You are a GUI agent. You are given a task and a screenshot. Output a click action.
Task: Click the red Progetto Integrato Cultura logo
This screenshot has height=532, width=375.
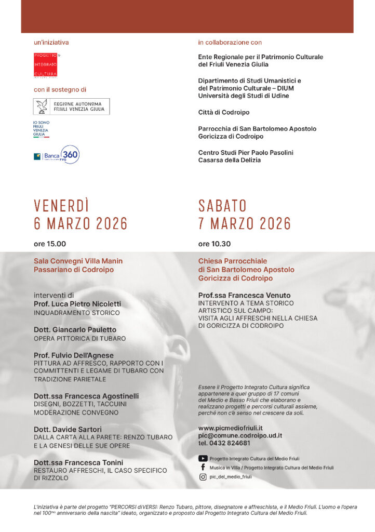click(x=45, y=65)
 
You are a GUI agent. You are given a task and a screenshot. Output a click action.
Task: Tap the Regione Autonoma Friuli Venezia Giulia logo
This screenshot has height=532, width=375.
click(x=71, y=107)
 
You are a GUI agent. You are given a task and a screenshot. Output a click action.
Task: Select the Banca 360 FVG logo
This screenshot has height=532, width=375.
click(x=57, y=155)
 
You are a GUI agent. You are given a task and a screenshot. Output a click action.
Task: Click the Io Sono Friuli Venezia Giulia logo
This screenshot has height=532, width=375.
click(x=41, y=129)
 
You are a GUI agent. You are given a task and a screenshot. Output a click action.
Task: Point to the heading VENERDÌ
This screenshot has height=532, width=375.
click(x=62, y=206)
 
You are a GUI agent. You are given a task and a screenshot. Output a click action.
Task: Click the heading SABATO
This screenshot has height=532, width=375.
click(x=222, y=206)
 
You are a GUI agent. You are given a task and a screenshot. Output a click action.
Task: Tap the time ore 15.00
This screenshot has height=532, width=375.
click(x=50, y=244)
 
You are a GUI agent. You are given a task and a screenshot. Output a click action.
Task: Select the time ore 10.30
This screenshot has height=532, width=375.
click(x=215, y=244)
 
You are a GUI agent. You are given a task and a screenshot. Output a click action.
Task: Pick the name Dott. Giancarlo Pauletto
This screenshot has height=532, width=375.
click(x=75, y=329)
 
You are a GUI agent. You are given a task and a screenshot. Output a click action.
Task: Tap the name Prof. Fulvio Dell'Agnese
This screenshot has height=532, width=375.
click(x=74, y=355)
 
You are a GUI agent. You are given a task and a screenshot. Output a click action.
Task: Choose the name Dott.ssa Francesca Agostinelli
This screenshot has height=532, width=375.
click(x=86, y=396)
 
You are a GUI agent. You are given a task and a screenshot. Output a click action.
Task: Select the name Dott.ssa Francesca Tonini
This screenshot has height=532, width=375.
click(x=78, y=462)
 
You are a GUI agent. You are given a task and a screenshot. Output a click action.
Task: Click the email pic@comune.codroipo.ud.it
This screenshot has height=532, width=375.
click(x=240, y=435)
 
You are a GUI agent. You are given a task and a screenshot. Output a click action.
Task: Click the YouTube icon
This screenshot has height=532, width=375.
click(x=203, y=458)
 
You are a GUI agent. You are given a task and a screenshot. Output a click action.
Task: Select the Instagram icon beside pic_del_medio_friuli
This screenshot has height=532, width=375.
click(x=203, y=476)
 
